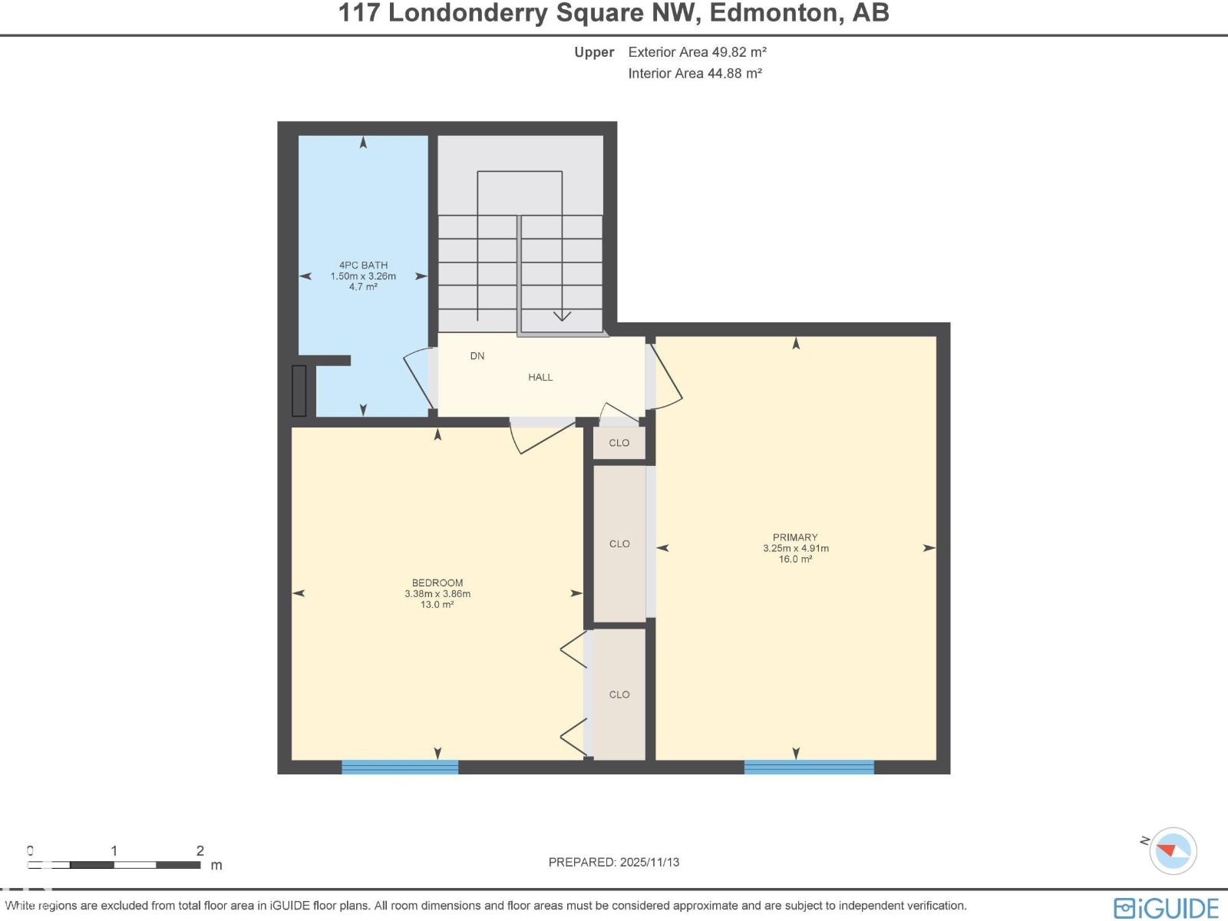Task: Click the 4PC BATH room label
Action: pyautogui.click(x=363, y=266)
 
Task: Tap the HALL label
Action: pyautogui.click(x=540, y=378)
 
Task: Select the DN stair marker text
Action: pyautogui.click(x=477, y=356)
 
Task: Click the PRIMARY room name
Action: pyautogui.click(x=795, y=537)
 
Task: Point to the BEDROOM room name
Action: pyautogui.click(x=437, y=583)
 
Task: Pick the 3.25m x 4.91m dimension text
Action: pyautogui.click(x=796, y=549)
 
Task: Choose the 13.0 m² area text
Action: pyautogui.click(x=437, y=605)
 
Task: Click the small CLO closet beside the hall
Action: pyautogui.click(x=619, y=443)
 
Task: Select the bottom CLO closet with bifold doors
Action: pyautogui.click(x=619, y=695)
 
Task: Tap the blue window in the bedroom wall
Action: pyautogui.click(x=400, y=767)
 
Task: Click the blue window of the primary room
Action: pyautogui.click(x=809, y=767)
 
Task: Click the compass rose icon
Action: pyautogui.click(x=1174, y=850)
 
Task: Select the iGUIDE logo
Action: pyautogui.click(x=1166, y=908)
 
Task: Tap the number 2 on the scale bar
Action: pyautogui.click(x=200, y=850)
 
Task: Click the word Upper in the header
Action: pyautogui.click(x=594, y=52)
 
